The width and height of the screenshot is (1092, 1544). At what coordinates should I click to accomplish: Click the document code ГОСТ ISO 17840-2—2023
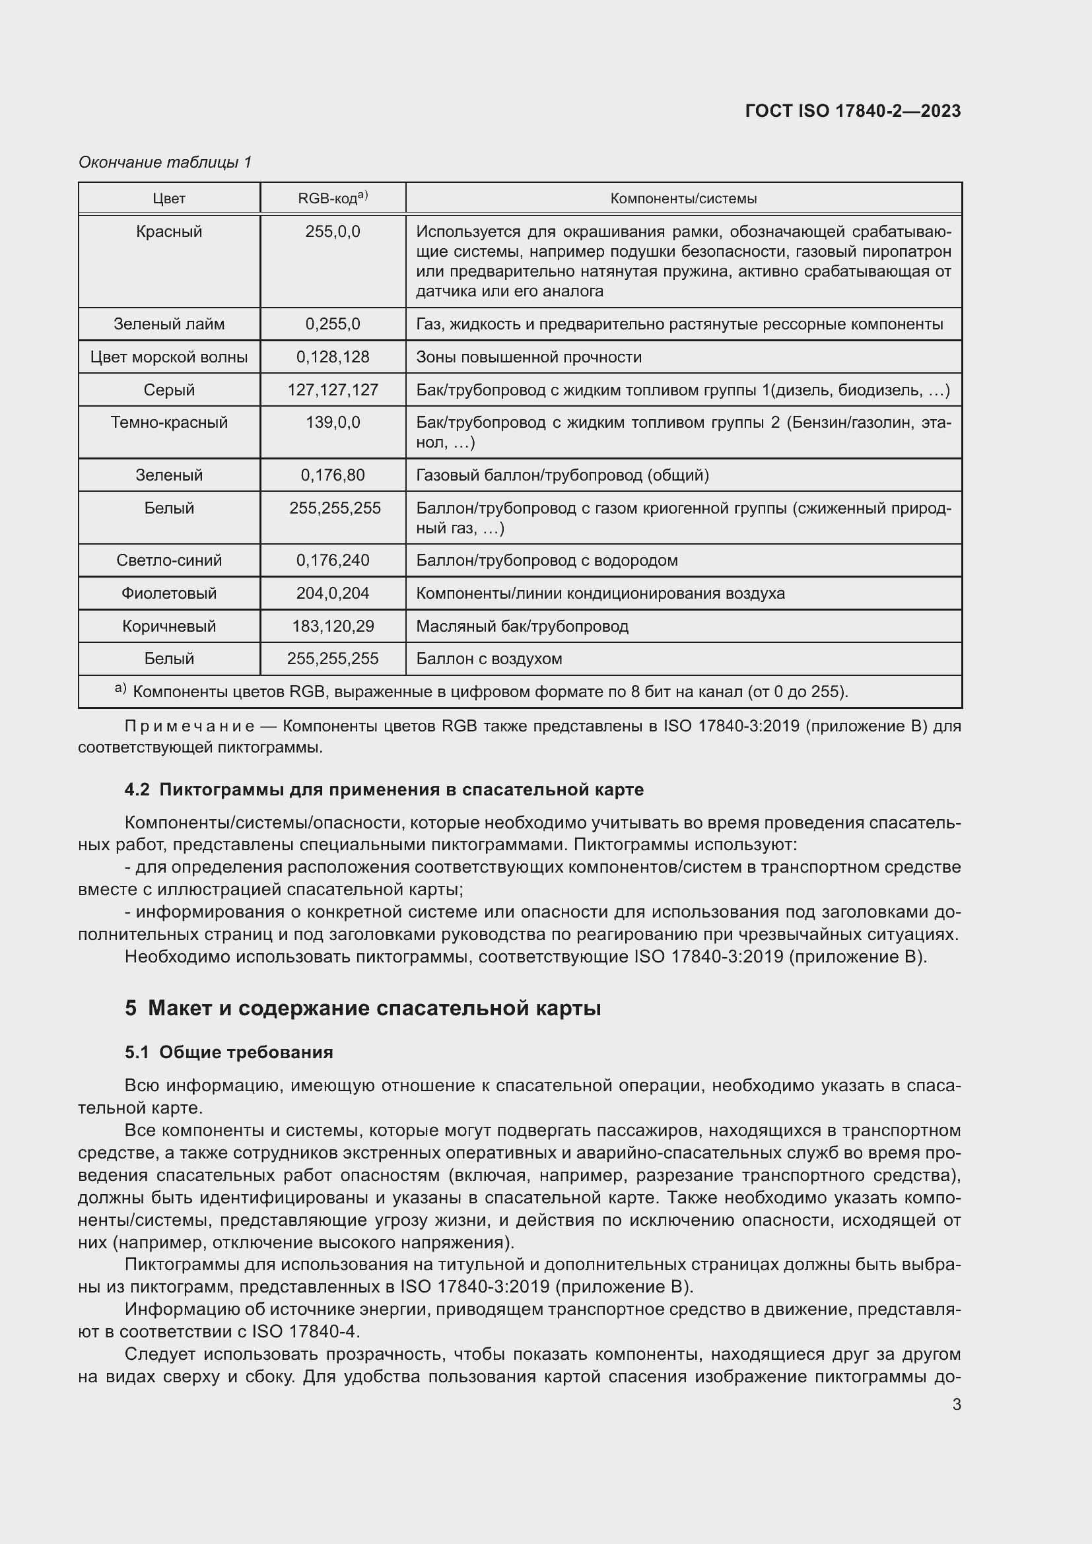coord(852,111)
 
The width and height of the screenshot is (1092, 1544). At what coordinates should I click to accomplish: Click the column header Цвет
coord(169,199)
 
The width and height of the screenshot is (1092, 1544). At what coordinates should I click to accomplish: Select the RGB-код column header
coord(333,198)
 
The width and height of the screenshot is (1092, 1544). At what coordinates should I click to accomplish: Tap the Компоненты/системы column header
coord(683,199)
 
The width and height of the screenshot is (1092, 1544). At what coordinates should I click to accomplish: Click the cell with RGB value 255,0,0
coord(333,231)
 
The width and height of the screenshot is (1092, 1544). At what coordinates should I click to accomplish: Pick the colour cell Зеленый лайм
coord(169,324)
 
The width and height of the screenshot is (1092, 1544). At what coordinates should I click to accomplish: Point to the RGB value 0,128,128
coord(333,357)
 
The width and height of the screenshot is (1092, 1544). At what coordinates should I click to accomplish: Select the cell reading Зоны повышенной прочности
coord(529,357)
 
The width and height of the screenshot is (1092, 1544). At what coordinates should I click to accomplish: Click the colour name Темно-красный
coord(169,422)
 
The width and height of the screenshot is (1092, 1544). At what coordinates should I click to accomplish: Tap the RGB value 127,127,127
coord(333,390)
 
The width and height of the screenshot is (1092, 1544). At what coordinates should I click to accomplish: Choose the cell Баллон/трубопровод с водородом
coord(547,560)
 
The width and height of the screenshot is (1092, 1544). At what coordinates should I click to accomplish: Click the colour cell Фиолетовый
coord(169,593)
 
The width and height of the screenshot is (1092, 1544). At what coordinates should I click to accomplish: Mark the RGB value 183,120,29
coord(333,626)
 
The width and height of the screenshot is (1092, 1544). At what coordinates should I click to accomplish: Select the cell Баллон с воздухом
coord(489,658)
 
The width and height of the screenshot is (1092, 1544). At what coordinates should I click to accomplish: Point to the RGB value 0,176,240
coord(333,560)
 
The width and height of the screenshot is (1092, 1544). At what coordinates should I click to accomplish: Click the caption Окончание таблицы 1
coord(165,162)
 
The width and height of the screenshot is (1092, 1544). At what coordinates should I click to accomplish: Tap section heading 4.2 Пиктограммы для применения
coord(384,789)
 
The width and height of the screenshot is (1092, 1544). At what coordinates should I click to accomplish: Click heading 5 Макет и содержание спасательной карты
coord(362,1008)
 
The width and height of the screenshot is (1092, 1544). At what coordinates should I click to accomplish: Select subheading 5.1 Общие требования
coord(228,1052)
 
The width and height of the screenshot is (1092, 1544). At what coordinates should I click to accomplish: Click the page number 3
coord(956,1405)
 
